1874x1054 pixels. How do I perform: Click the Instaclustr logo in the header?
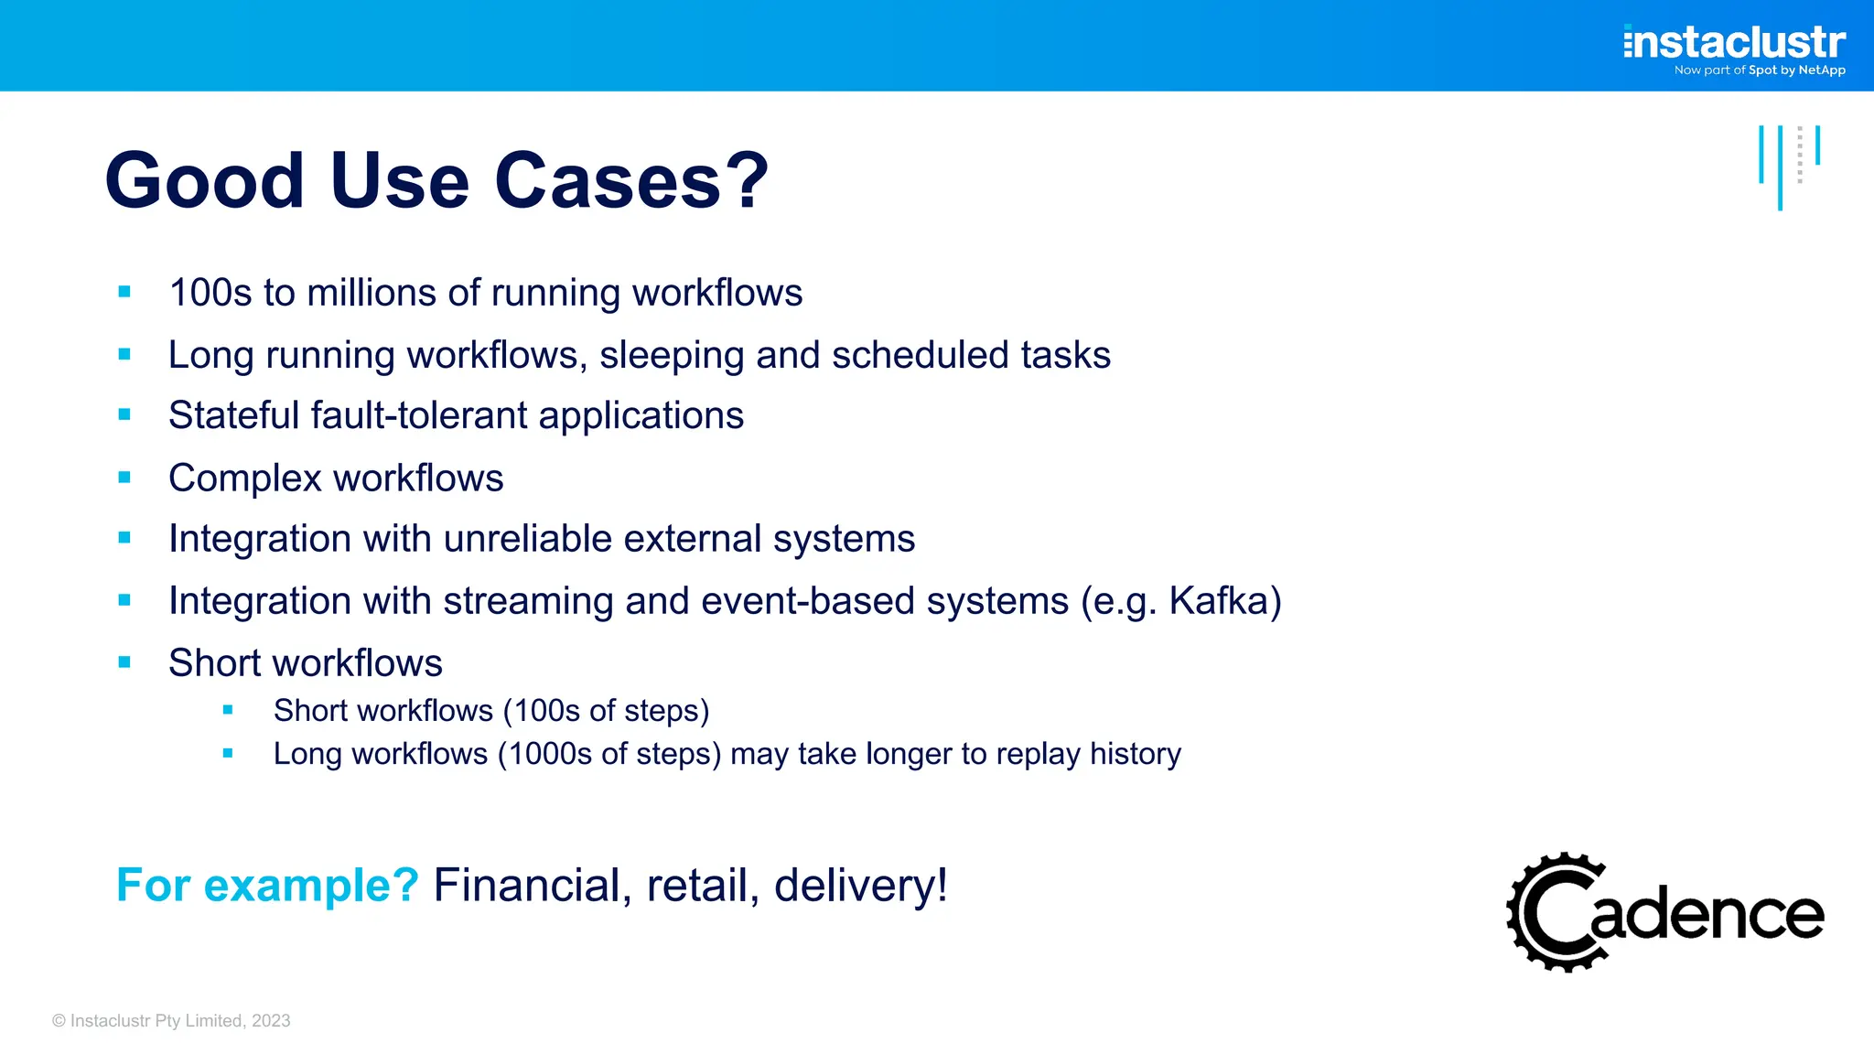(x=1734, y=42)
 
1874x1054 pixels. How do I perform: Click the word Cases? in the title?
(x=631, y=180)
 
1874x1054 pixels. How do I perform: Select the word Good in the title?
(x=204, y=180)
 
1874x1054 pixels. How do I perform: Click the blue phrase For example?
(x=267, y=885)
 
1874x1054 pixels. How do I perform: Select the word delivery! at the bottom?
(x=860, y=885)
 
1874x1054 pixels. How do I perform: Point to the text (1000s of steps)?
(x=609, y=754)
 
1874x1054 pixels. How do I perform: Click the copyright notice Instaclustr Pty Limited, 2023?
(x=171, y=1021)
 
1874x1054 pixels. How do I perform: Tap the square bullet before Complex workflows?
(x=124, y=477)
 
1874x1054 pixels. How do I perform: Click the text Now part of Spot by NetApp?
(x=1759, y=70)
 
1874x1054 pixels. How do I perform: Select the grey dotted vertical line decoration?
(x=1799, y=155)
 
